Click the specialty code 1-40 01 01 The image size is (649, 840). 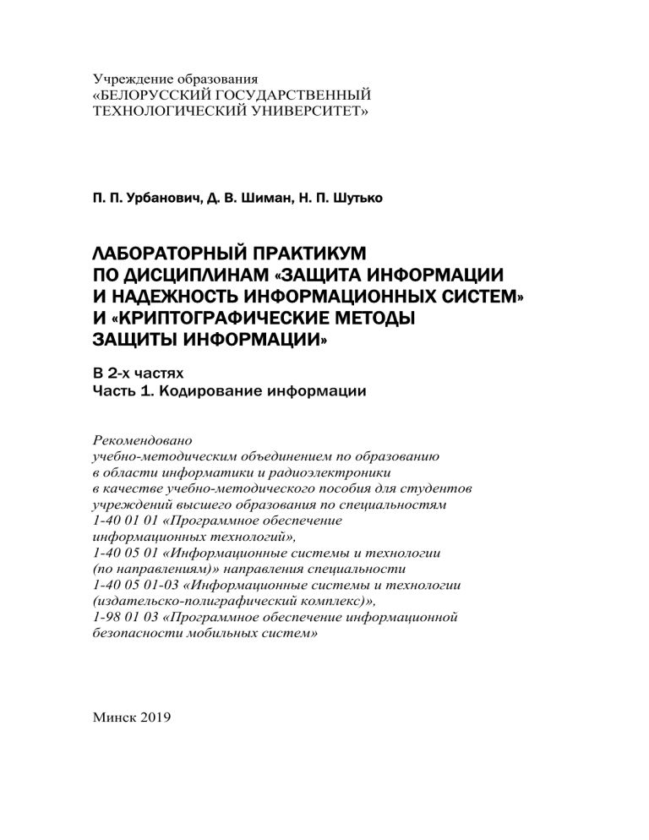coord(123,521)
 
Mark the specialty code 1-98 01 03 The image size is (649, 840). coord(123,618)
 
